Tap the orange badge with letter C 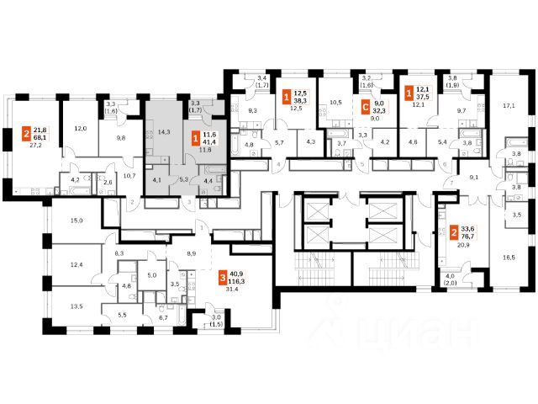364,107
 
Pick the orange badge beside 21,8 26,134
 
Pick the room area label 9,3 253,110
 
